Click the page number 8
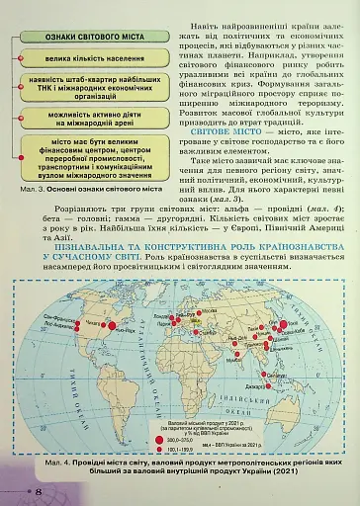click(38, 491)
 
